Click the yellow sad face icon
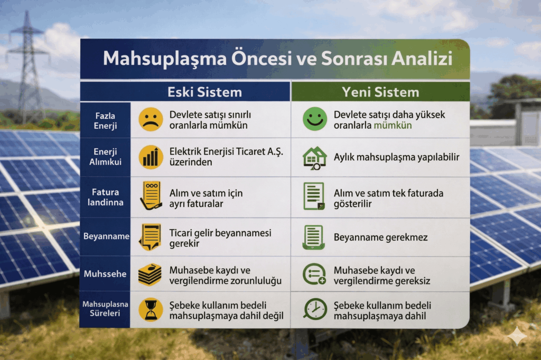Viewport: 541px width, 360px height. [151, 119]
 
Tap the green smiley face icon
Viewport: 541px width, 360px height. [315, 119]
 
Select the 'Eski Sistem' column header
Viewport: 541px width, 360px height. [204, 92]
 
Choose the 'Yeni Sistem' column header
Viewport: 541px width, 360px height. [380, 92]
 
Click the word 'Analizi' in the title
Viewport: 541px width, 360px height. [422, 58]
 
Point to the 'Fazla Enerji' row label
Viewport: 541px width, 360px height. [105, 121]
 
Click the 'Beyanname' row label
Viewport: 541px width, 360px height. [106, 236]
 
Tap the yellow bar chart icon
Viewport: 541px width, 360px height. [151, 157]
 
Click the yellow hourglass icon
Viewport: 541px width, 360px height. [151, 310]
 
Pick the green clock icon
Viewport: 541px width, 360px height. [315, 309]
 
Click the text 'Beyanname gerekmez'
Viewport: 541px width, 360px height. [380, 237]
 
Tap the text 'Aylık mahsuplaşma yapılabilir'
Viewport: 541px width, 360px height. [396, 157]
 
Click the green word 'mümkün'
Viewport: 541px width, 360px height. [393, 125]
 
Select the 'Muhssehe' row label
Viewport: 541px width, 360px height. [105, 274]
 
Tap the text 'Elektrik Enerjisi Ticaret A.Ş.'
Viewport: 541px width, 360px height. [226, 151]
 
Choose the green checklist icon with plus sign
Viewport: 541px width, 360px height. [314, 274]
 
